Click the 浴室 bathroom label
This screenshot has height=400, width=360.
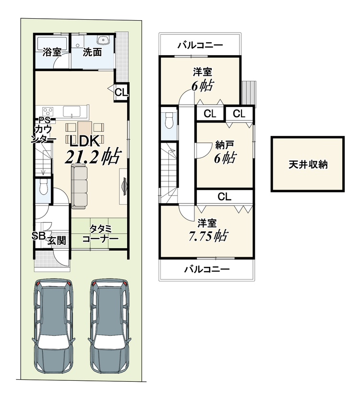click(x=52, y=52)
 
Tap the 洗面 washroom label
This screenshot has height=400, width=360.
click(x=92, y=52)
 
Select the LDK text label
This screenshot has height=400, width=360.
click(x=83, y=141)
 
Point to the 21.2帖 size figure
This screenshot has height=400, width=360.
click(x=93, y=157)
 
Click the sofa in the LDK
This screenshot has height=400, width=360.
click(x=81, y=185)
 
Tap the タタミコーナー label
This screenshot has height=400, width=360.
click(x=100, y=234)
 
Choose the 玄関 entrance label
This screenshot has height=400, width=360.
click(x=56, y=241)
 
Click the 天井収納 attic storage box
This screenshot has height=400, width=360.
click(x=308, y=164)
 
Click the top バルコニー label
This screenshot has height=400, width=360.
click(x=200, y=46)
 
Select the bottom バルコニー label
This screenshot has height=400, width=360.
click(x=207, y=269)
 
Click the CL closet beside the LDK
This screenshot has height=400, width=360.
click(x=121, y=93)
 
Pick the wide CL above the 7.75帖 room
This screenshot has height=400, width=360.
click(x=224, y=196)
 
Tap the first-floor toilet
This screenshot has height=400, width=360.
click(x=42, y=187)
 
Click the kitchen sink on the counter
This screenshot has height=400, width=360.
click(x=72, y=112)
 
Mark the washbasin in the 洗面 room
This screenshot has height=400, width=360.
click(x=103, y=40)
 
